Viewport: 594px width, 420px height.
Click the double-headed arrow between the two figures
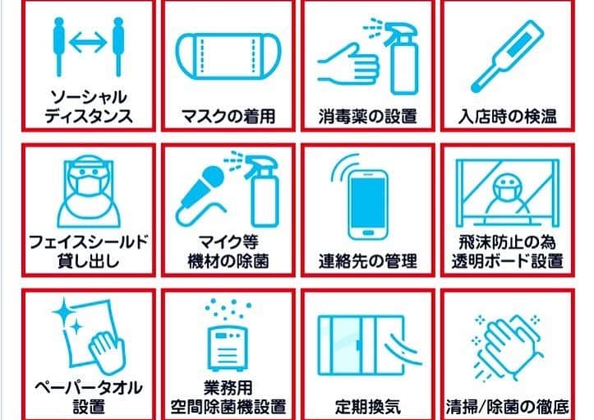(88, 42)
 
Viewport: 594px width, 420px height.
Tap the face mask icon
(228, 57)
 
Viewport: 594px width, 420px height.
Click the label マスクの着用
(228, 116)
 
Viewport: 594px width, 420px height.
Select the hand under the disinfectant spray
(348, 65)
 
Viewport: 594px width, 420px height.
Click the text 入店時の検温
(507, 117)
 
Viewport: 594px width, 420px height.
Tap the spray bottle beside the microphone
(261, 191)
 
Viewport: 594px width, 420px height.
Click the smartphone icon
(368, 205)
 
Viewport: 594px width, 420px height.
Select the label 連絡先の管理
(368, 261)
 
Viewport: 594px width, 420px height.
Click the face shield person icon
(89, 191)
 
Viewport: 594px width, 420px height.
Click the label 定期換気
(368, 407)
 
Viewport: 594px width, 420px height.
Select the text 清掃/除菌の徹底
(508, 407)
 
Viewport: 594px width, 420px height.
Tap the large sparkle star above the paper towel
(63, 312)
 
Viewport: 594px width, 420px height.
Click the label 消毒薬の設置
(368, 117)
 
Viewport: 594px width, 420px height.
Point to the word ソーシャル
(89, 98)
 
